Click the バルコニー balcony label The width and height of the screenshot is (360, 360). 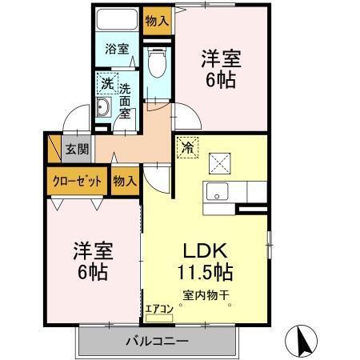156,342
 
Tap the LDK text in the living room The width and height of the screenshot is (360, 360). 205,250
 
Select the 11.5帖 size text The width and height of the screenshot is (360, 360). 205,272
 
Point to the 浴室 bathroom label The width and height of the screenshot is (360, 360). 117,48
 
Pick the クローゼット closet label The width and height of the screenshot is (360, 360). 78,181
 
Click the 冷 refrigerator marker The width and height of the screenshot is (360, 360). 186,147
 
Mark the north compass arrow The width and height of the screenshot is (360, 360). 304,342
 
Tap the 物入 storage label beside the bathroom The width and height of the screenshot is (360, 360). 157,21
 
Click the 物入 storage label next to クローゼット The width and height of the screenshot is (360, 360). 125,181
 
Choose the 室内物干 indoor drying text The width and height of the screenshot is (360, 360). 206,295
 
